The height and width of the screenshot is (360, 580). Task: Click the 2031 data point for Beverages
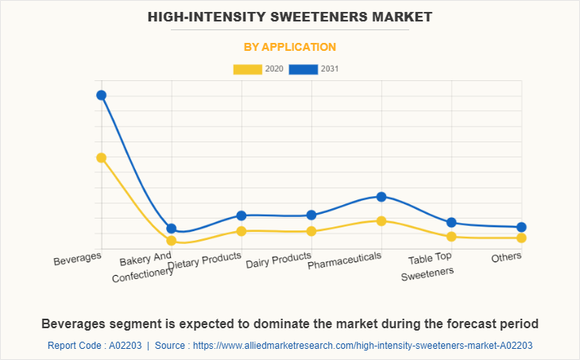[x=102, y=95]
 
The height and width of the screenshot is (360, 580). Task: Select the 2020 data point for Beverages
[x=102, y=157]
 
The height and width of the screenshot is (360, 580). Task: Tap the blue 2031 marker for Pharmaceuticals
[x=381, y=196]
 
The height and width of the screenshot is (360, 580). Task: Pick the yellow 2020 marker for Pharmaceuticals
[x=381, y=221]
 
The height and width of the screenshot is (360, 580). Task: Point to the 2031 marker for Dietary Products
[x=242, y=215]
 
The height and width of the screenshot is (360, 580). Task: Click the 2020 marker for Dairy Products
[x=311, y=231]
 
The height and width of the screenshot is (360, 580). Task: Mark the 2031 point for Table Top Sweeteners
[x=451, y=223]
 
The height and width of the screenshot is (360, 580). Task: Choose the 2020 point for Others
[x=521, y=238]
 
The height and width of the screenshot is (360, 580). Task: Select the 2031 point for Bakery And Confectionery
[x=172, y=229]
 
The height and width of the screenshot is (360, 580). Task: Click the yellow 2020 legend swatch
[x=247, y=69]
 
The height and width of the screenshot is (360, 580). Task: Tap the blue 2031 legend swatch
[x=304, y=69]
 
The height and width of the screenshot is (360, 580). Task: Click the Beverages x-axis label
[x=78, y=260]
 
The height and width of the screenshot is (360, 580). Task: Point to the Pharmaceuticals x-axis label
[x=345, y=260]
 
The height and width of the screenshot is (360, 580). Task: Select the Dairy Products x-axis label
[x=278, y=260]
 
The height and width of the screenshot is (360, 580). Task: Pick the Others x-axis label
[x=506, y=257]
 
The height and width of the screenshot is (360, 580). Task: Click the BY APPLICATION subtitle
[x=289, y=47]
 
